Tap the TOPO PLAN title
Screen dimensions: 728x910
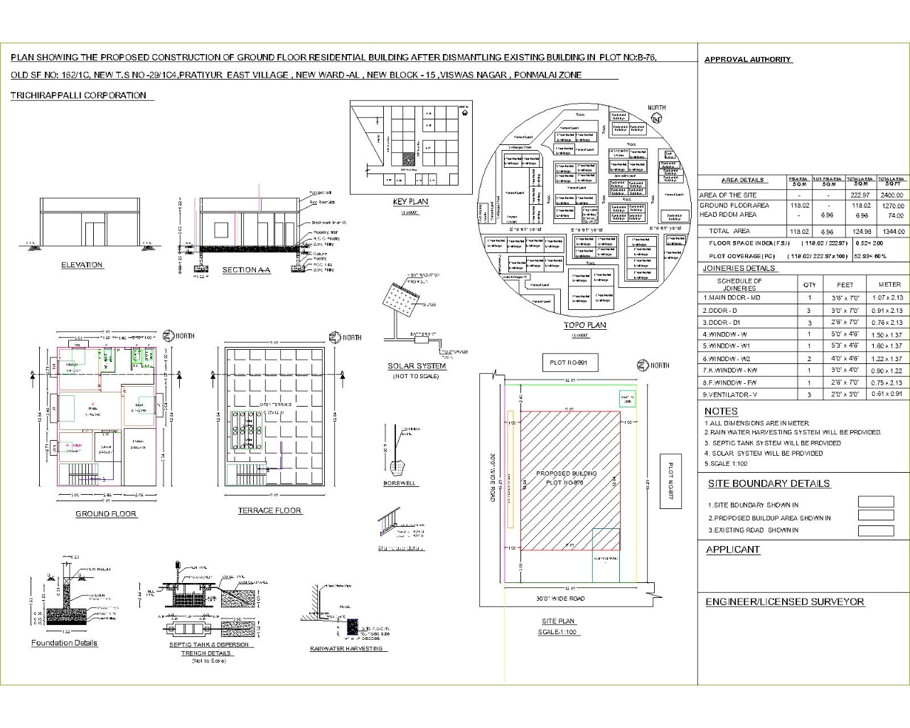coord(584,326)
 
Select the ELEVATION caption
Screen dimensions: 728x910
coord(82,264)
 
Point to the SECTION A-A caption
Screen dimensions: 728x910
coord(246,270)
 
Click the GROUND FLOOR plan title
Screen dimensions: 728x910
coord(106,513)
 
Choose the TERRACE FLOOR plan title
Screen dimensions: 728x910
coord(269,510)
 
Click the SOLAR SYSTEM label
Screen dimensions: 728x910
coord(417,366)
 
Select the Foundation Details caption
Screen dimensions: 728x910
coord(64,643)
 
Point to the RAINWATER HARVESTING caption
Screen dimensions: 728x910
coord(346,648)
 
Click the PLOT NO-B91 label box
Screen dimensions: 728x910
coord(569,363)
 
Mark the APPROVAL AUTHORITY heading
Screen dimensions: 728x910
coord(748,60)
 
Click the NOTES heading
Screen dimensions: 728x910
coord(721,411)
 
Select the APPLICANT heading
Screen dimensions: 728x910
coord(733,550)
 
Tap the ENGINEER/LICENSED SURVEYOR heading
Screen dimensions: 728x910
coord(785,601)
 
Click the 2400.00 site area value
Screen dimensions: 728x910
coord(891,195)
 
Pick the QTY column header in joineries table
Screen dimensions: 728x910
coord(810,284)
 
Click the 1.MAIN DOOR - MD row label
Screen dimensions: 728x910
coord(731,298)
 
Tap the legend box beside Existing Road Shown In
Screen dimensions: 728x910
coord(876,531)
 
